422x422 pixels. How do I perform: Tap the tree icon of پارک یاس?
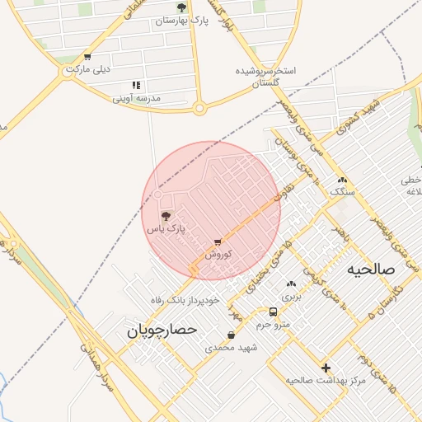coord(166,216)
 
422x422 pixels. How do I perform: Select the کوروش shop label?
coord(218,254)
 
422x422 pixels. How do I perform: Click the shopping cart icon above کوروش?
coord(218,242)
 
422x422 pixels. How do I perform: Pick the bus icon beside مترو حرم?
coord(273,312)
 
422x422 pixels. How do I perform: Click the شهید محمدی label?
coord(232,348)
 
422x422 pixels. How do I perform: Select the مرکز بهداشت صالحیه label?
coord(326,380)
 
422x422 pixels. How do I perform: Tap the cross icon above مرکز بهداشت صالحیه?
coord(326,368)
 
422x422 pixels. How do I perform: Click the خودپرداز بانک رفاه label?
coord(185,299)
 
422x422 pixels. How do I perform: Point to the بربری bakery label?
coord(292,295)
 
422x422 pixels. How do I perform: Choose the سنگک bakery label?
coord(342,191)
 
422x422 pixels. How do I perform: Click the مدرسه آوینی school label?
coord(138,97)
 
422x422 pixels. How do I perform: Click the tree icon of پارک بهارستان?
coord(182,7)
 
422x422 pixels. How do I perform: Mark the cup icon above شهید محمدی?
coord(232,335)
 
